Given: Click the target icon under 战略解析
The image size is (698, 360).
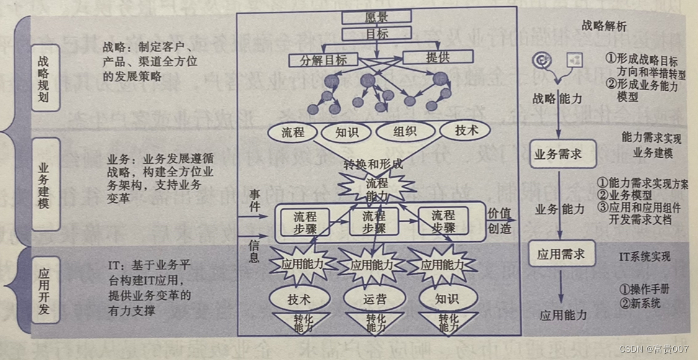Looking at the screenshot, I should tap(542, 60).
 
